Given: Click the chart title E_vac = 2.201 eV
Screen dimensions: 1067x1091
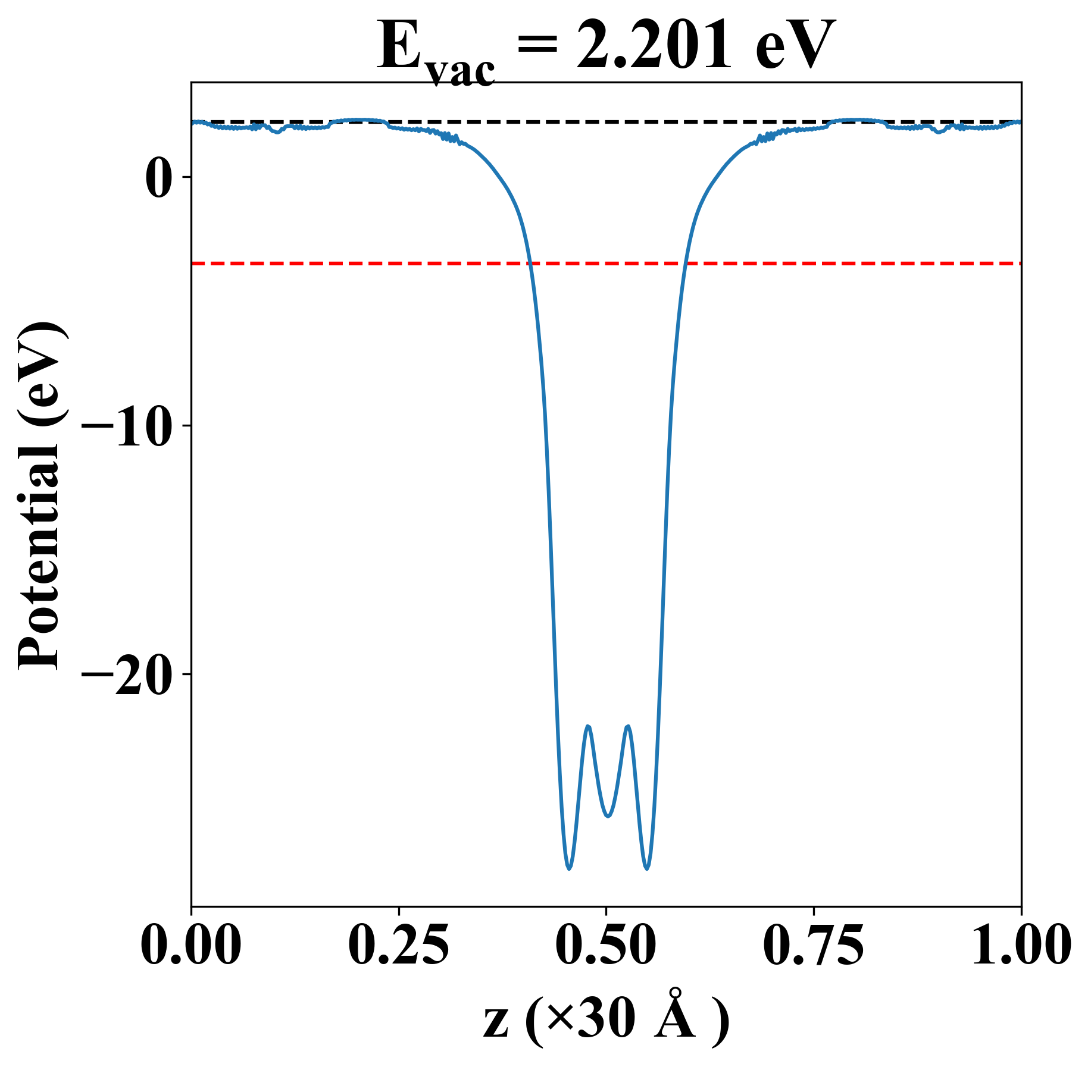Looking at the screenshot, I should point(606,48).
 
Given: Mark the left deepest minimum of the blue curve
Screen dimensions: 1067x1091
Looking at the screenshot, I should point(569,869).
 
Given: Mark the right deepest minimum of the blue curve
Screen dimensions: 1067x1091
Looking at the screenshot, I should point(647,869).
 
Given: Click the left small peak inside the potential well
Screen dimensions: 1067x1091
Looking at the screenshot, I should point(588,726).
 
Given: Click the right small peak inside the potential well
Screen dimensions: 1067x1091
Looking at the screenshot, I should point(627,726).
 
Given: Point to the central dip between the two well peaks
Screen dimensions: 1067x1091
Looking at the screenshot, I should point(608,816).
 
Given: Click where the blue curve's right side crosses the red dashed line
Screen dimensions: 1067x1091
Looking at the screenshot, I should point(686,263).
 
